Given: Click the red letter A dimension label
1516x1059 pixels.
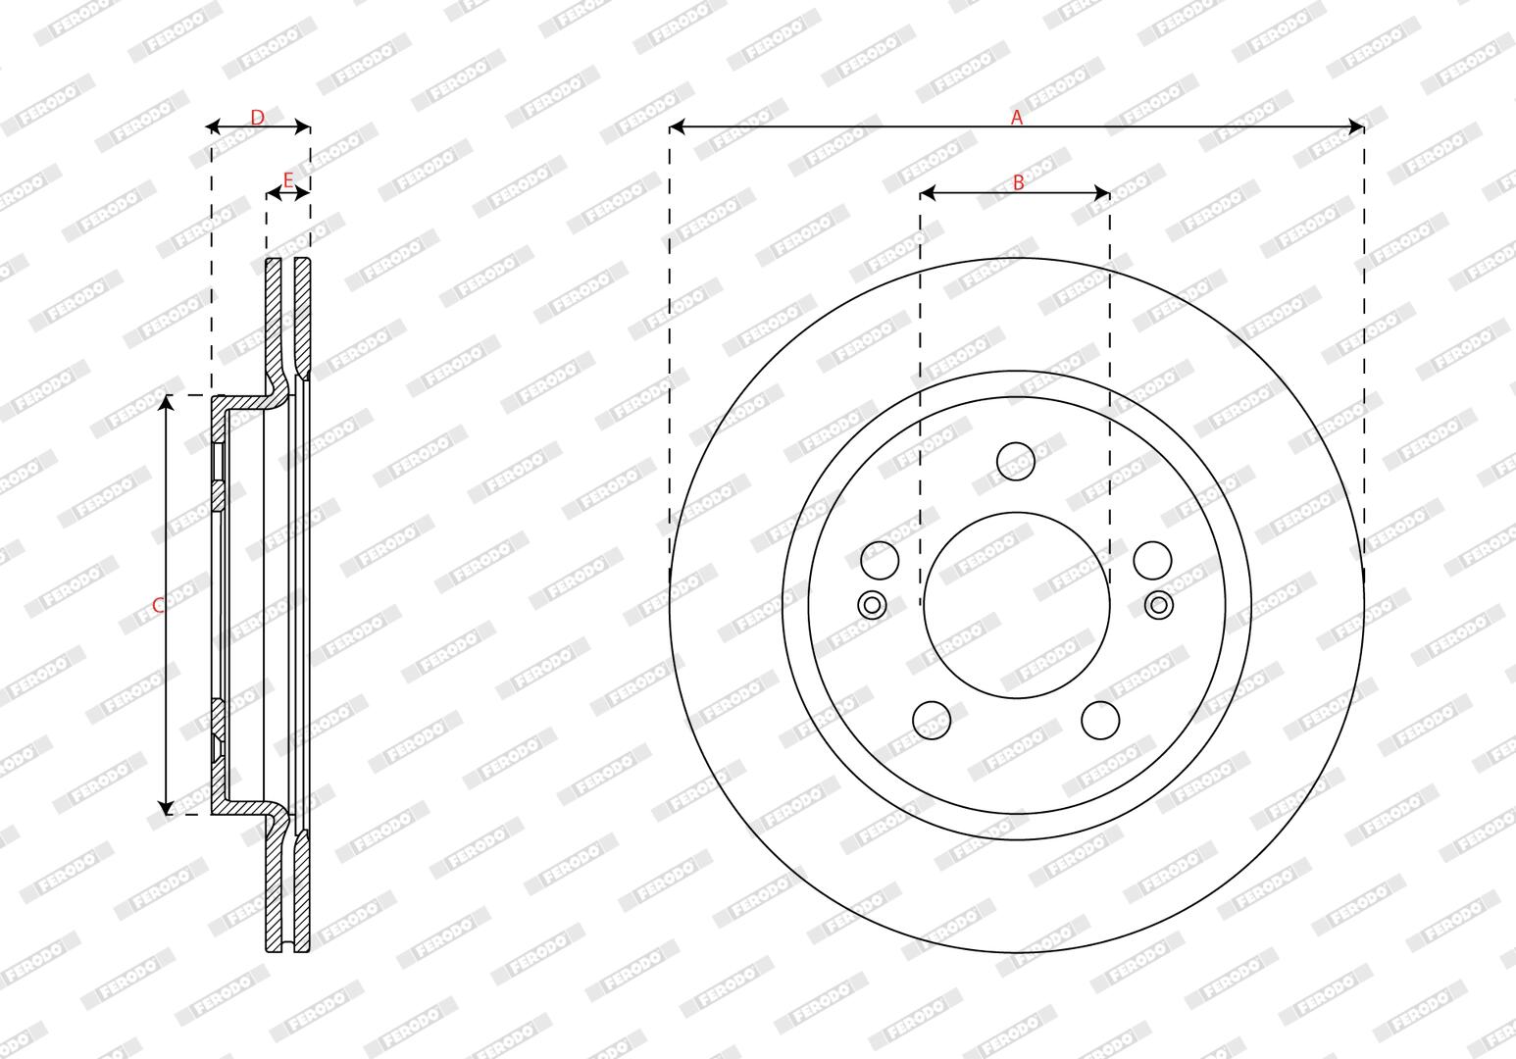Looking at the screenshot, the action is click(x=1017, y=118).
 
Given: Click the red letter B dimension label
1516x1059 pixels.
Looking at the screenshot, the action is click(x=1018, y=182).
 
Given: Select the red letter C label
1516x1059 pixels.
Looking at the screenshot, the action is click(x=158, y=605).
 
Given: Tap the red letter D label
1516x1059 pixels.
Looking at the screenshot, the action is click(x=257, y=118).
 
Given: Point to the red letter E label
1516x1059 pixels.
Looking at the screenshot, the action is click(x=288, y=180).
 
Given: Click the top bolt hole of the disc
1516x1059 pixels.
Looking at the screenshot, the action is click(x=1016, y=462).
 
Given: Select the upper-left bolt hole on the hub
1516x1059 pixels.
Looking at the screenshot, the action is click(x=880, y=560).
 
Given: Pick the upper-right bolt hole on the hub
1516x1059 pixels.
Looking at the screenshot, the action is click(x=1152, y=560).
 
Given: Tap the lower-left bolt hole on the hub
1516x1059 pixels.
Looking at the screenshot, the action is click(x=932, y=720).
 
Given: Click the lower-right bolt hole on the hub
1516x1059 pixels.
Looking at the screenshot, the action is click(x=1100, y=720).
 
